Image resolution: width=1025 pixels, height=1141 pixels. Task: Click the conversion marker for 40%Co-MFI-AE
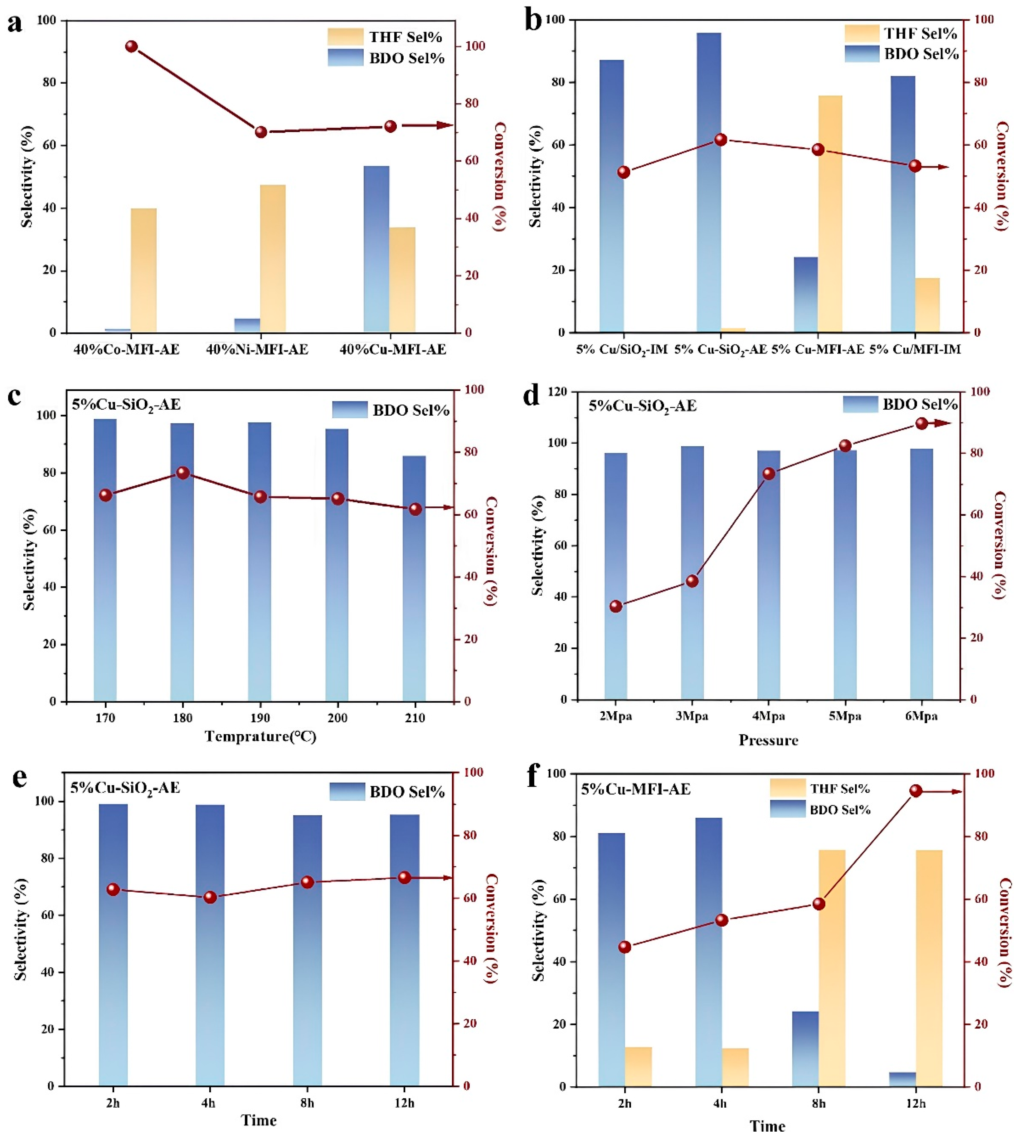(x=131, y=46)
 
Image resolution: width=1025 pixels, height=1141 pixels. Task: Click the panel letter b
(x=533, y=22)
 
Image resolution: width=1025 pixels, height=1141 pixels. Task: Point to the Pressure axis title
(x=768, y=740)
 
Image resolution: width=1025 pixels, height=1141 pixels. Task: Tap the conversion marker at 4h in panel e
(x=210, y=897)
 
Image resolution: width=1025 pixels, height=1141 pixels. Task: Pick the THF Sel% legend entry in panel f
(x=819, y=788)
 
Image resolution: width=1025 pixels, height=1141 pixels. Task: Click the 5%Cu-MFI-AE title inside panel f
(x=636, y=789)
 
